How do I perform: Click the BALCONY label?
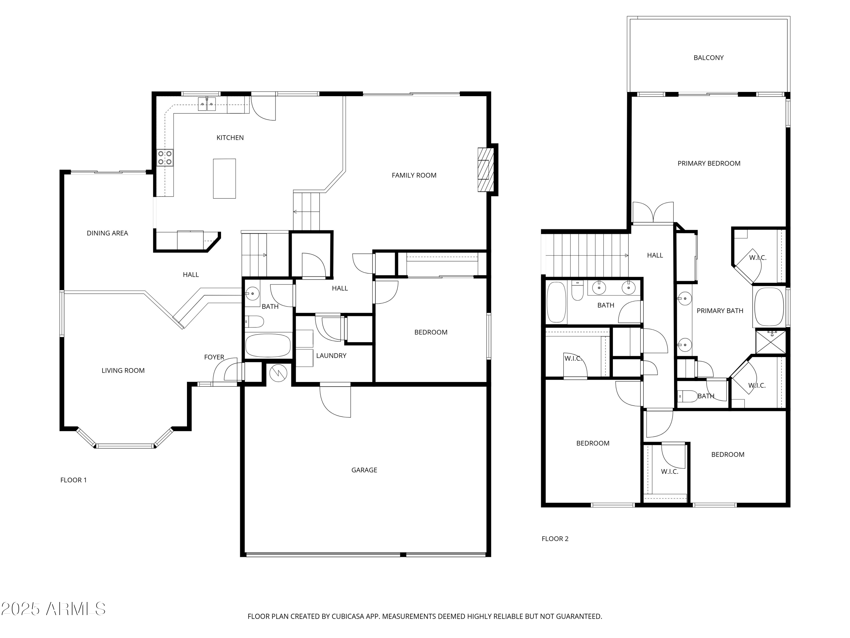[708, 58]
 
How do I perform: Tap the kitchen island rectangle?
[224, 178]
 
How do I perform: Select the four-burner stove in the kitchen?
[165, 158]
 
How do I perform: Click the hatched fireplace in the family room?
[485, 170]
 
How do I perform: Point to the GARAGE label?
[364, 470]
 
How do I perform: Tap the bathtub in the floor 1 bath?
[268, 345]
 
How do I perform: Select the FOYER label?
[214, 357]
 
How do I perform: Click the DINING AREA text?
[107, 233]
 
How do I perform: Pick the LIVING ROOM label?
[123, 371]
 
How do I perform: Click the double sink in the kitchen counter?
[207, 104]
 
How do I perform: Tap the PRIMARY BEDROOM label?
[709, 163]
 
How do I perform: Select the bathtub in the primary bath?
[768, 307]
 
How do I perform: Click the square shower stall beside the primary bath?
[770, 341]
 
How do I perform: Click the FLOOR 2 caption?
[555, 539]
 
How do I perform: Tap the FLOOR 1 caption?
[73, 480]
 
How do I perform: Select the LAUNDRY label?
[331, 356]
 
